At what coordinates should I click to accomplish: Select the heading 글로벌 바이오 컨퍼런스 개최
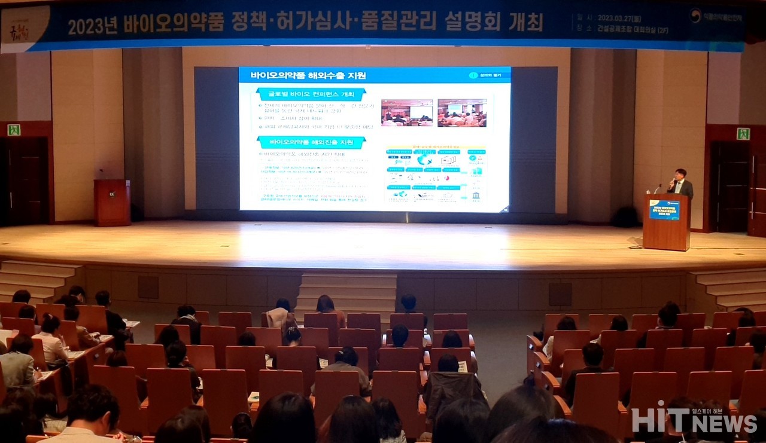(311, 94)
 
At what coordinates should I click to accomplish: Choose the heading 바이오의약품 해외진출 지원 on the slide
(311, 142)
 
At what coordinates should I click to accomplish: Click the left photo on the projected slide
(406, 112)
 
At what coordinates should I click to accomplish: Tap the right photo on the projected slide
(461, 112)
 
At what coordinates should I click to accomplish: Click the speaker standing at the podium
(680, 182)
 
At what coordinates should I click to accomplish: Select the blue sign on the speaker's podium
(664, 210)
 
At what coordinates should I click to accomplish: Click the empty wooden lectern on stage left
(112, 202)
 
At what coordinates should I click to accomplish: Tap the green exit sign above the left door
(13, 130)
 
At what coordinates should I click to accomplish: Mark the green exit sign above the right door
(743, 134)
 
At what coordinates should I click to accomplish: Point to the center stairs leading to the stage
(347, 293)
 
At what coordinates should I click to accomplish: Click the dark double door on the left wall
(25, 179)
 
